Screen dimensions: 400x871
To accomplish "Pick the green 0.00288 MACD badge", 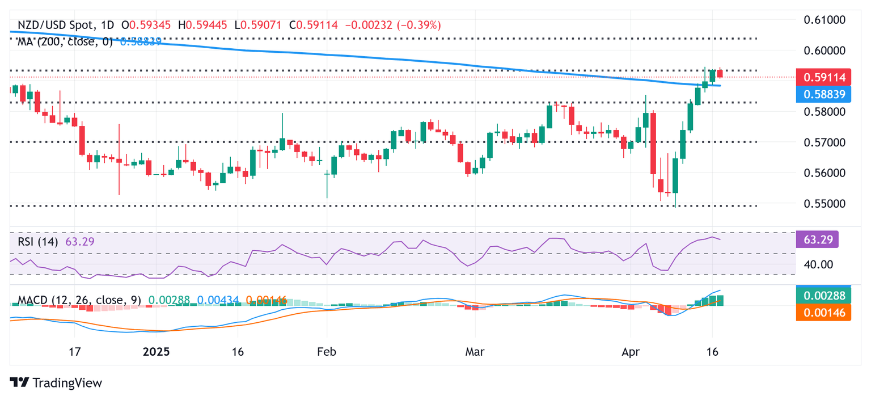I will coord(823,296).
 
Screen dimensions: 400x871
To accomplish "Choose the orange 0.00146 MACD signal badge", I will coord(823,312).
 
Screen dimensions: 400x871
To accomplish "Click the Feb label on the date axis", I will coord(327,352).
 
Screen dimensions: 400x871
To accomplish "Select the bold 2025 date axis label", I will coord(156,352).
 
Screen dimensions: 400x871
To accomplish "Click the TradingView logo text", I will coord(57,383).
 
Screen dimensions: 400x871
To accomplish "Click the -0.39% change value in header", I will coord(420,26).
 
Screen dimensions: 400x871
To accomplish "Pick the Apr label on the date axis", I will coord(631,352).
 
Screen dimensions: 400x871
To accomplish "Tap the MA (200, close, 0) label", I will coord(65,41).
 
